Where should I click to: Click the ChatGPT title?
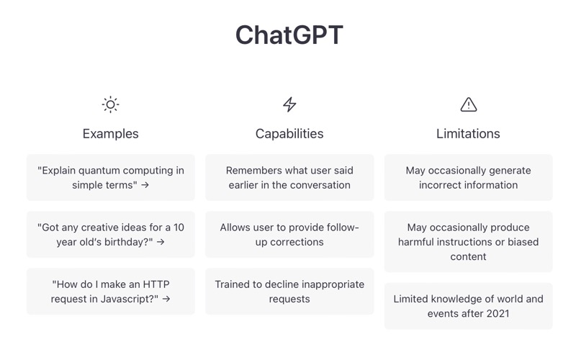tap(289, 35)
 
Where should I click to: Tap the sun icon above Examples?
tap(111, 104)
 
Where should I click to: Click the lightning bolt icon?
tap(289, 104)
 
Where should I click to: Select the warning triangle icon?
tap(469, 104)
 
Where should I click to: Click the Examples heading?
tap(111, 134)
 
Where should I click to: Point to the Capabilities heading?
tap(289, 134)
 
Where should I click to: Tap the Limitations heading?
tap(469, 134)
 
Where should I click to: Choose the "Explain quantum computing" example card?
tap(111, 177)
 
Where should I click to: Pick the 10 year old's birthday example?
tap(111, 235)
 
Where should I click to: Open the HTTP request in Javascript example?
tap(111, 292)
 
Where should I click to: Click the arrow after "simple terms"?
tap(145, 185)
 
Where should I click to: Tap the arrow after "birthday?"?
tap(161, 242)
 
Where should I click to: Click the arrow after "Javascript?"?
tap(166, 299)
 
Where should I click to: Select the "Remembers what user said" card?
tap(289, 177)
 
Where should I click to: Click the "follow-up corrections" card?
tap(289, 235)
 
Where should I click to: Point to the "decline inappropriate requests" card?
tap(289, 292)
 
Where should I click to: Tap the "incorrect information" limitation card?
tap(469, 177)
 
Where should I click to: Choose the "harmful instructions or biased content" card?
tap(469, 242)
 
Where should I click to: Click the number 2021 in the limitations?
tap(498, 314)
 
